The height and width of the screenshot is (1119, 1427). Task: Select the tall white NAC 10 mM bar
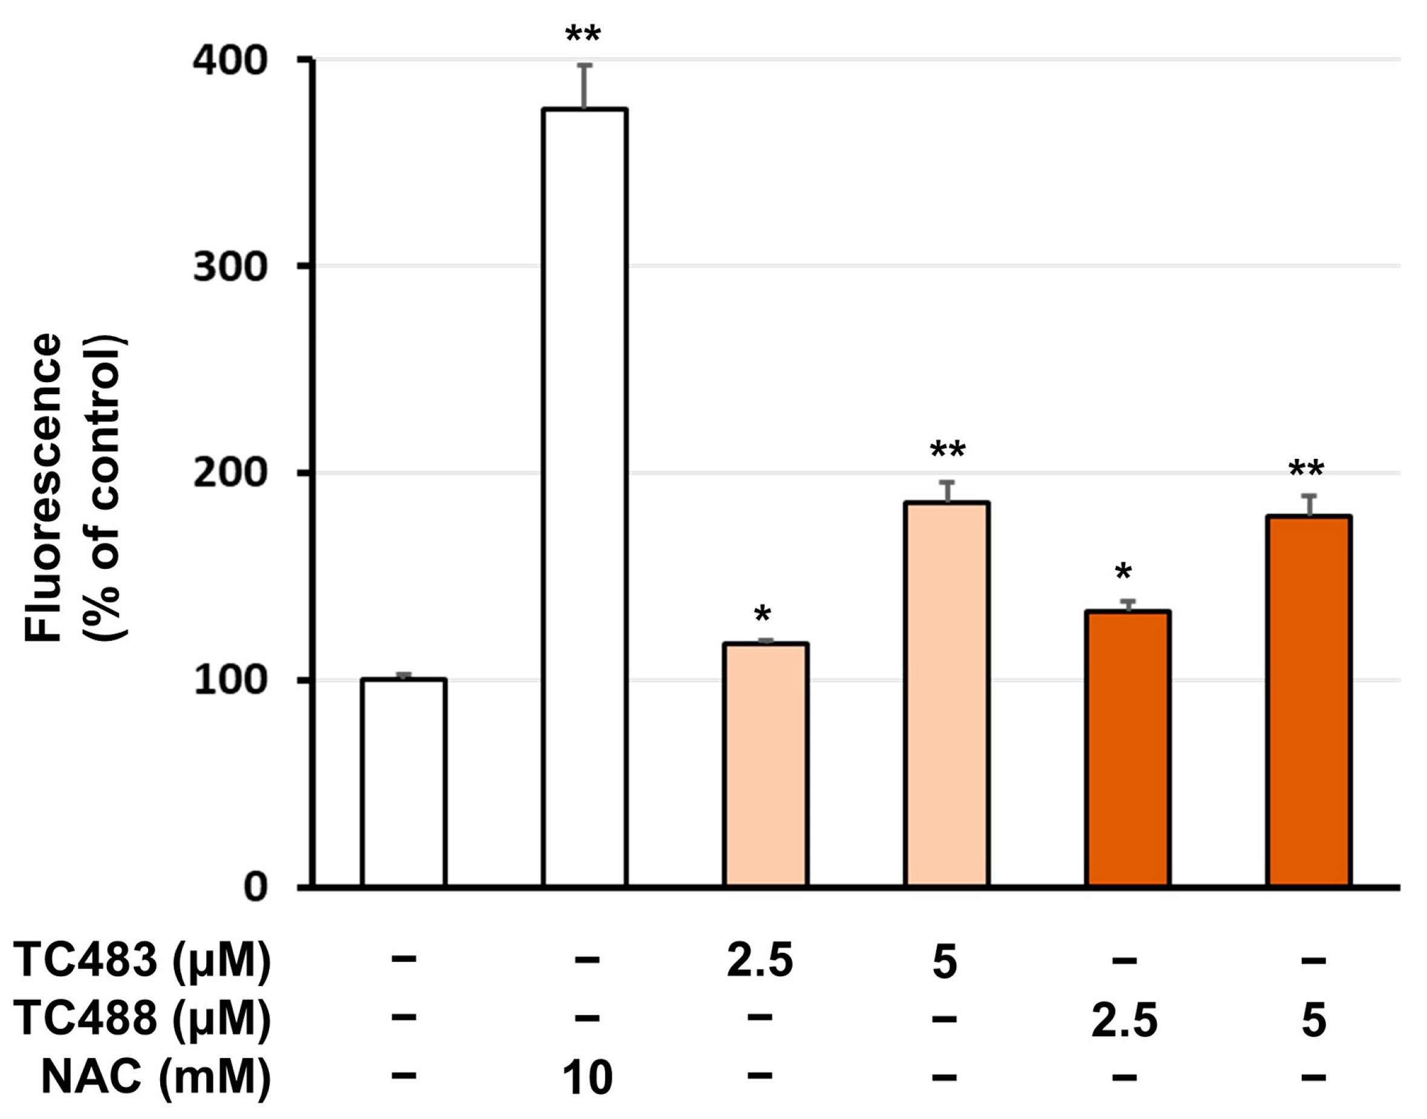[585, 498]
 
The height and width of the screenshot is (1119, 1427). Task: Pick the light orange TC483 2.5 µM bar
[766, 765]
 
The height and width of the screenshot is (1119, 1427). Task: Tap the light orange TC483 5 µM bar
[946, 695]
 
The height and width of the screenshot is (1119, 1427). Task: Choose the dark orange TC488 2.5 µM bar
[1128, 749]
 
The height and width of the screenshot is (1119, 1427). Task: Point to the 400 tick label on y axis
[230, 62]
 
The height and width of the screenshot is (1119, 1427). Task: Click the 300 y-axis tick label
[230, 267]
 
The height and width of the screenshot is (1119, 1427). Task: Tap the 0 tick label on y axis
[256, 887]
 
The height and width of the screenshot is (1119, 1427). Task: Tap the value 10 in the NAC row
[587, 1078]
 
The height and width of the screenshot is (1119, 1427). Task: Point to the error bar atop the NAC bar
[585, 86]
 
